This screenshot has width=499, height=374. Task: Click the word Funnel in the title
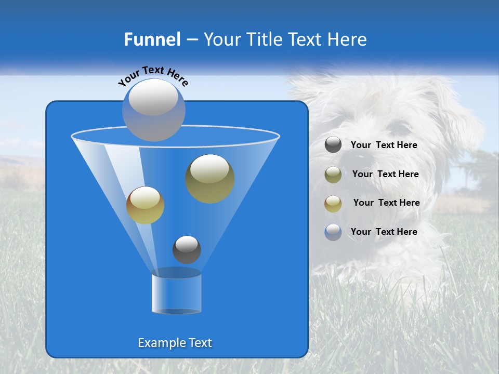pos(152,39)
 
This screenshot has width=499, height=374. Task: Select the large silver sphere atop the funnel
pos(154,110)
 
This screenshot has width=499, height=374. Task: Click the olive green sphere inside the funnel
pos(210,178)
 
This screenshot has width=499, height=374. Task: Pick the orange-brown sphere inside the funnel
pos(145,205)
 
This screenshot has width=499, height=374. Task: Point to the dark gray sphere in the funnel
pos(187,249)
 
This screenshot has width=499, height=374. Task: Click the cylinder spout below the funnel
pos(177,294)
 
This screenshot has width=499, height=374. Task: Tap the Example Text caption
pos(175,343)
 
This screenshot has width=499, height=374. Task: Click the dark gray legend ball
pos(333,145)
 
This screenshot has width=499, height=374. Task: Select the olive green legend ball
pos(333,175)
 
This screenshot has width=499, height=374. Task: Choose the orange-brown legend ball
pos(333,204)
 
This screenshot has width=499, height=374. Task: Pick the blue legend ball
pos(333,232)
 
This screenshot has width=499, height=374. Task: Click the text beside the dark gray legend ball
pos(384,145)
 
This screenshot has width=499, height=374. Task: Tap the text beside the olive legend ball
pos(385,175)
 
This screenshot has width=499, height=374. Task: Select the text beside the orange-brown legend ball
pos(386,203)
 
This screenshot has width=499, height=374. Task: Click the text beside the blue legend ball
pos(384,232)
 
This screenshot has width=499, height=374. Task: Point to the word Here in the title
pos(347,39)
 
